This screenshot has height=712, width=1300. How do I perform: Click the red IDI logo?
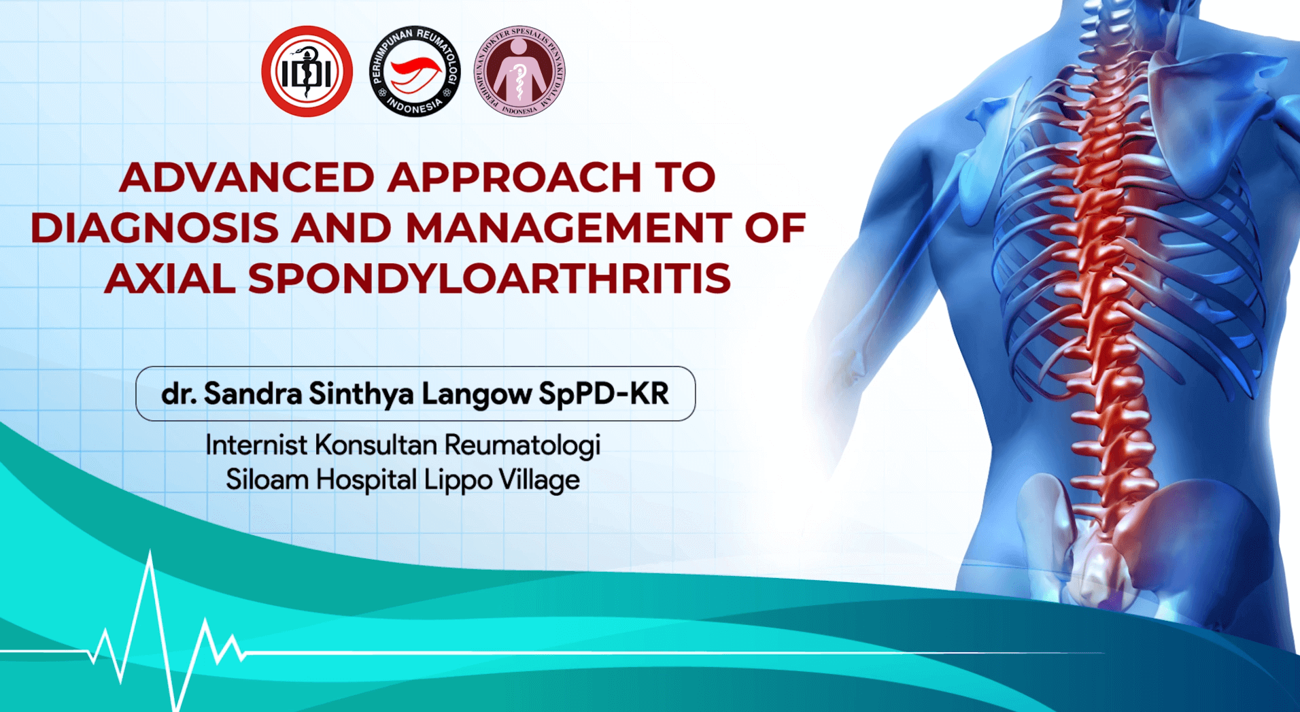point(307,71)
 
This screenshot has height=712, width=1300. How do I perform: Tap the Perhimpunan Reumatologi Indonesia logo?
point(415,71)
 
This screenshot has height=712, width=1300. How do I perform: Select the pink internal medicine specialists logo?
point(519,71)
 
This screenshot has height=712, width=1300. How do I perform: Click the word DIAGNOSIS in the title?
point(154,228)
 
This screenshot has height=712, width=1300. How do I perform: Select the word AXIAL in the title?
point(170,279)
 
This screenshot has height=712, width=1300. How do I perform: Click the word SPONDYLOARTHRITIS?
point(490,279)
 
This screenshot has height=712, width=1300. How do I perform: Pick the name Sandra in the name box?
point(253,394)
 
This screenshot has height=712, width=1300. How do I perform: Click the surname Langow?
point(477,394)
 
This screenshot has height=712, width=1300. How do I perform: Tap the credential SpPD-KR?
point(604,394)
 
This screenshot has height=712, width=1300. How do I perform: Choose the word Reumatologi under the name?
point(523,445)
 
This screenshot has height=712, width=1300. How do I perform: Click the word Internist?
point(256,445)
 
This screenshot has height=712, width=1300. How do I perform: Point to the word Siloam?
point(267,480)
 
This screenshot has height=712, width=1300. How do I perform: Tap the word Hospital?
point(366,481)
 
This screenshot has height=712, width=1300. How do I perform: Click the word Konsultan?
point(376,445)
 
